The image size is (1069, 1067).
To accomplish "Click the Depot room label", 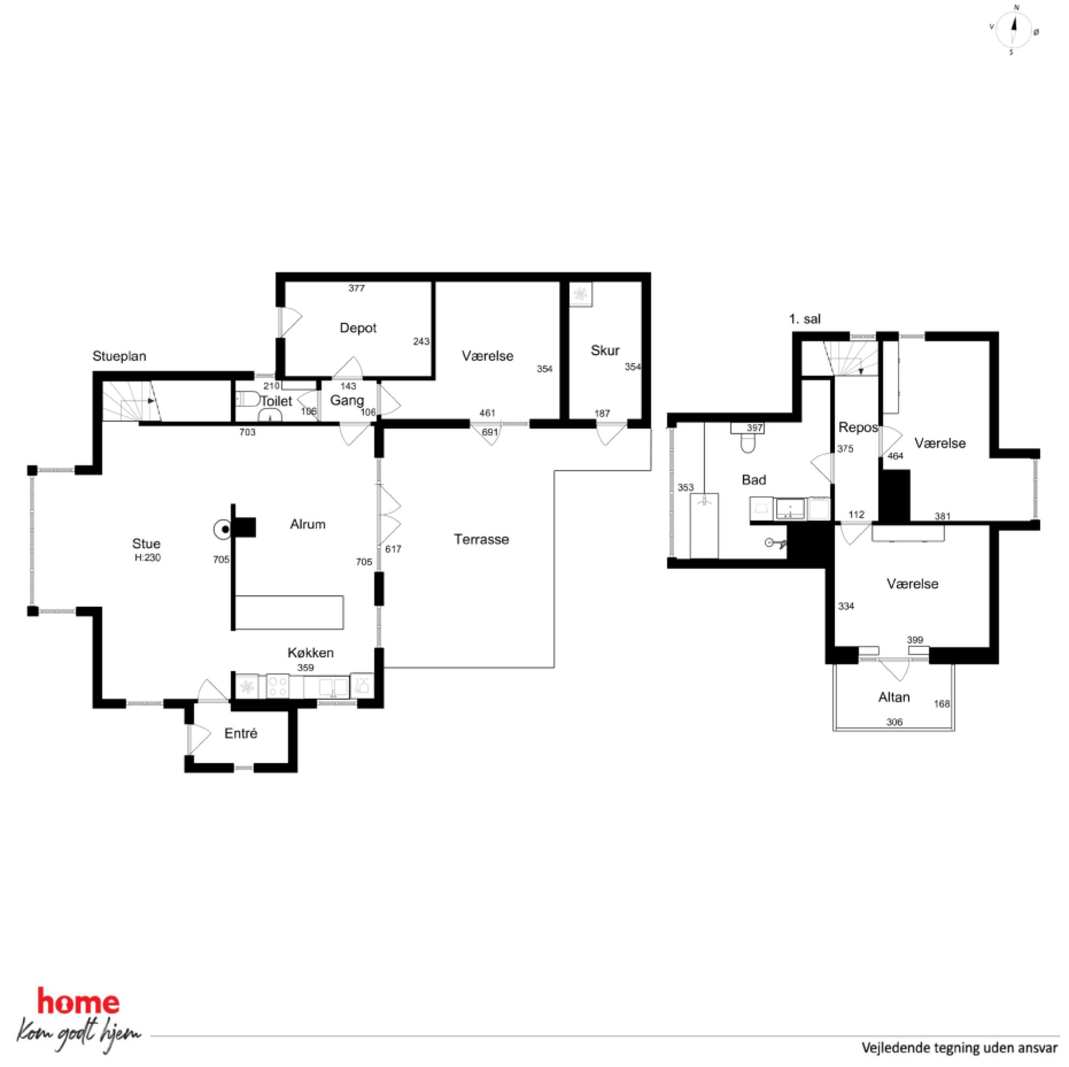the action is (358, 328).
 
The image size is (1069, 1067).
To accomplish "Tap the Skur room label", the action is (605, 350).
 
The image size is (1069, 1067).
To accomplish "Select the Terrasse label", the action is (481, 539).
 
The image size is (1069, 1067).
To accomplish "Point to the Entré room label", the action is (241, 733).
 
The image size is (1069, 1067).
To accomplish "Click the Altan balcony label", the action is (894, 697).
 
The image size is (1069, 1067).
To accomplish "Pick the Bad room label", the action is (754, 480).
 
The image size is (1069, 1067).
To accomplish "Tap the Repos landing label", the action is (858, 428).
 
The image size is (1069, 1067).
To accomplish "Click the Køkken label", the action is (310, 653).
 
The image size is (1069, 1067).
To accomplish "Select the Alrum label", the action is (308, 524).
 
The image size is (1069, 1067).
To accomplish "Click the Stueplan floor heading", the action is (120, 356).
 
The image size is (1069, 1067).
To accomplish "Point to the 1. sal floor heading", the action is (804, 320).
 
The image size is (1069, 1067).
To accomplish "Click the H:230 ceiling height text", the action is (148, 558).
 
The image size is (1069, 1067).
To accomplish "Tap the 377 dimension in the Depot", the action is (356, 288).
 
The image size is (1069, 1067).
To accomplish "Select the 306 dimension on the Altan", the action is (894, 722).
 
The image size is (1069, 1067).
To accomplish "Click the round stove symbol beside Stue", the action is (224, 530).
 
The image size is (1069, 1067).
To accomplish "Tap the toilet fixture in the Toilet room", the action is (247, 399).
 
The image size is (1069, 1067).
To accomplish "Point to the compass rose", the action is (1014, 30).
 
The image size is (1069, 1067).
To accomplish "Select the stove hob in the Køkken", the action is (277, 687).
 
